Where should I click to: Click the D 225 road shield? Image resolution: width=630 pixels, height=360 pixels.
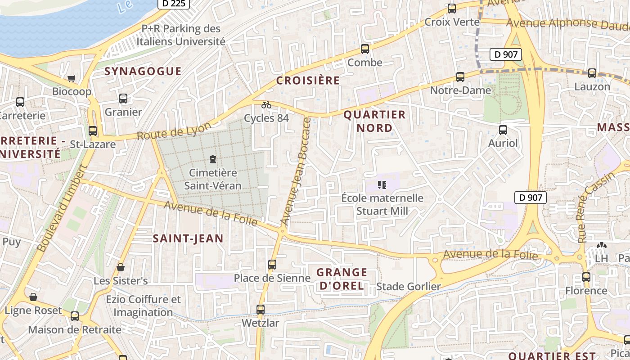(173, 3)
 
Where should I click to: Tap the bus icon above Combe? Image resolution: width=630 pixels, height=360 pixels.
(364, 49)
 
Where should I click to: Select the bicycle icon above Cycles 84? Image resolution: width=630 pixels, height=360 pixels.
(266, 105)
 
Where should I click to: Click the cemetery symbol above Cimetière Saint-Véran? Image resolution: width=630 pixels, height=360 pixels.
(212, 159)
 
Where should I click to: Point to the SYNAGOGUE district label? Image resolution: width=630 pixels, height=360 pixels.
(143, 71)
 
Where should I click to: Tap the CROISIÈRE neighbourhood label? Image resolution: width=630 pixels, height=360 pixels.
(308, 81)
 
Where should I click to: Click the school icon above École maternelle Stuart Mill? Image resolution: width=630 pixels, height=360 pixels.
(382, 184)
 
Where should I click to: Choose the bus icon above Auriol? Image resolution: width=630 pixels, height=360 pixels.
(503, 130)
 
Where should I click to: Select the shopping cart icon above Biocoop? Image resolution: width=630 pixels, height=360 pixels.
(72, 79)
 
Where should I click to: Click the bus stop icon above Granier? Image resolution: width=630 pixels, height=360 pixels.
(123, 99)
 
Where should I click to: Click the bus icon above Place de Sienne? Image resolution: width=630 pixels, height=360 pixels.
(272, 264)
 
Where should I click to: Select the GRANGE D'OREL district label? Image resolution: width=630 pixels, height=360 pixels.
(342, 279)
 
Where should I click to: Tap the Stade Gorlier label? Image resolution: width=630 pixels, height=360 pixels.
(408, 287)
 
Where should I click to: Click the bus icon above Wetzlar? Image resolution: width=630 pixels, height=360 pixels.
(261, 309)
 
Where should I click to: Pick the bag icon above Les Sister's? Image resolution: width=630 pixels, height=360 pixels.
(121, 267)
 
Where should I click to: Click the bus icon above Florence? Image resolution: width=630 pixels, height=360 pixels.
(586, 277)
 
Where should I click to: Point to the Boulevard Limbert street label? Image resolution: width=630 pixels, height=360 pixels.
(62, 208)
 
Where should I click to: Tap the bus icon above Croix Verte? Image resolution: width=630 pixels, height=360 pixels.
(452, 9)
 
